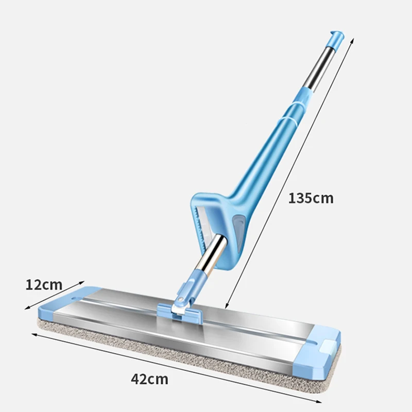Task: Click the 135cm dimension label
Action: (x=311, y=198)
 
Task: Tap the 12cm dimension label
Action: (x=44, y=284)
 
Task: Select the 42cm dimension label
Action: (x=149, y=380)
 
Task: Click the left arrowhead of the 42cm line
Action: (x=33, y=334)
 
